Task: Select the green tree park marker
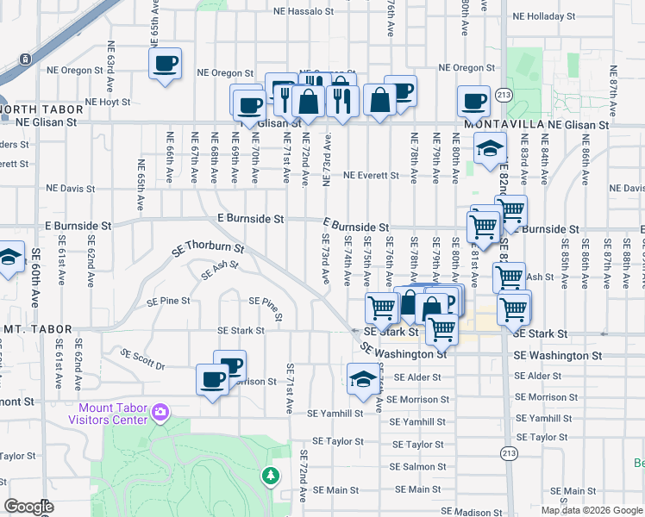271,475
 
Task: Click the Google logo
29,508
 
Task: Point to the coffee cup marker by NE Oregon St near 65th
166,63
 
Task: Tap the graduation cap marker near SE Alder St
363,377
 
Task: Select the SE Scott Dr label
142,359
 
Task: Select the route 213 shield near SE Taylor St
509,452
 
